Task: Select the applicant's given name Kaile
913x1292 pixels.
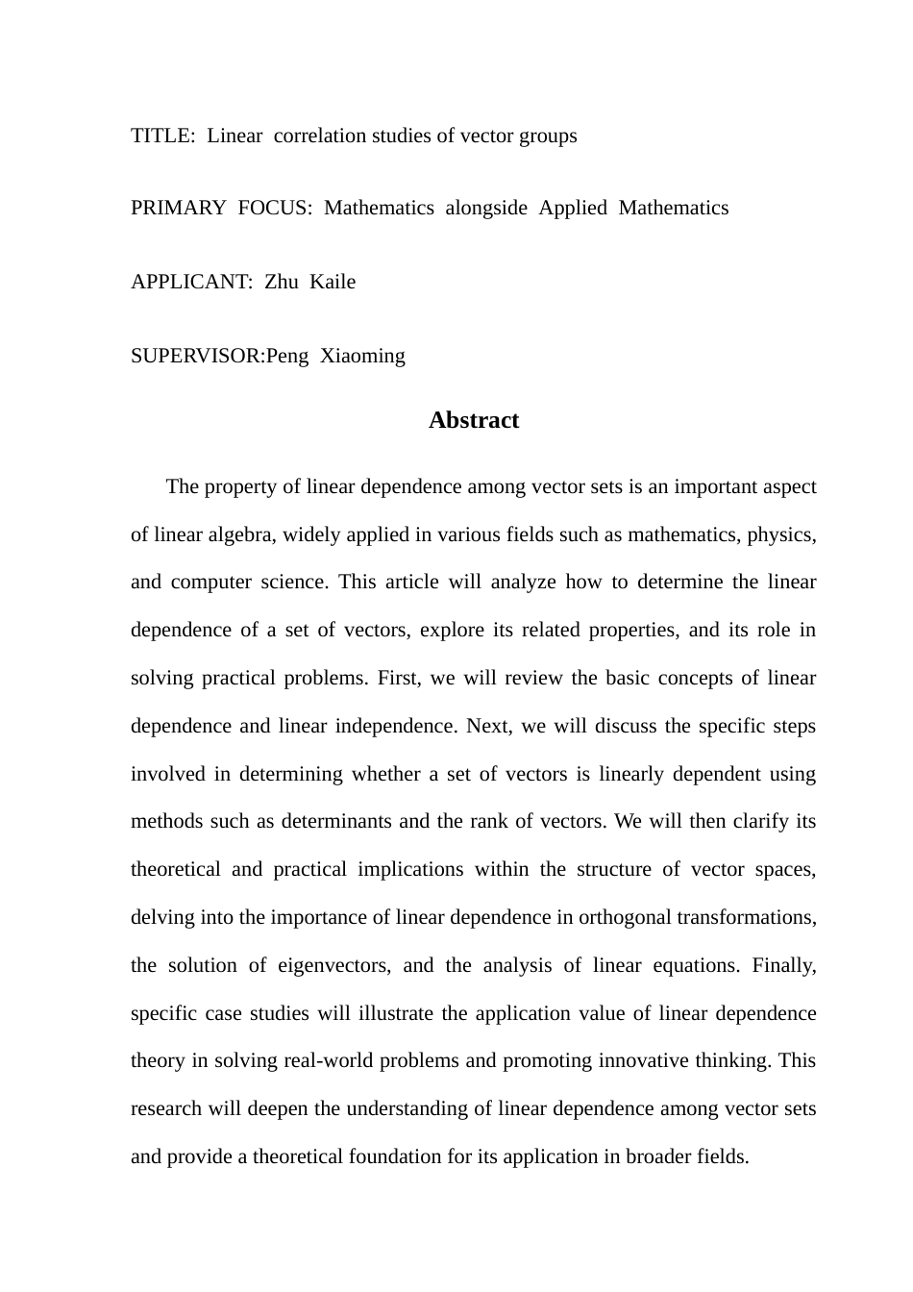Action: coord(333,282)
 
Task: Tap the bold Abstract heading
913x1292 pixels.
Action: coord(474,420)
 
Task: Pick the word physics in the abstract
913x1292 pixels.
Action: coord(780,534)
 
